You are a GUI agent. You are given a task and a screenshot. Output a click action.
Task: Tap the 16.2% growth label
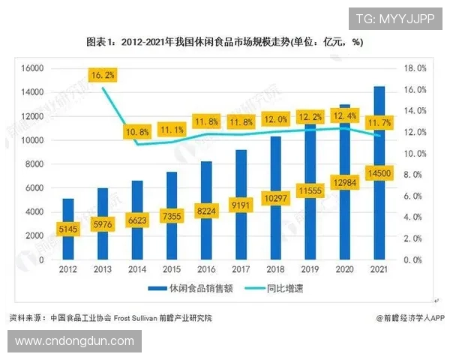(102, 75)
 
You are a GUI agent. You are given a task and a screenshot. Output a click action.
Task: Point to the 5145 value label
(67, 229)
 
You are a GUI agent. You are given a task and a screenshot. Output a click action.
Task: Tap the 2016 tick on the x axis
(205, 268)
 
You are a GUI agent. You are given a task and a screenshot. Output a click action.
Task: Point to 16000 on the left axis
(31, 68)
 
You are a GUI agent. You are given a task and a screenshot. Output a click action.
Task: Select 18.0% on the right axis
(415, 68)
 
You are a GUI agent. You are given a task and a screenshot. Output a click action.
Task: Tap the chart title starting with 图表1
(225, 42)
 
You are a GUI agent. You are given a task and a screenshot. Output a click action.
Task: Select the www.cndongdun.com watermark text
(73, 342)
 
